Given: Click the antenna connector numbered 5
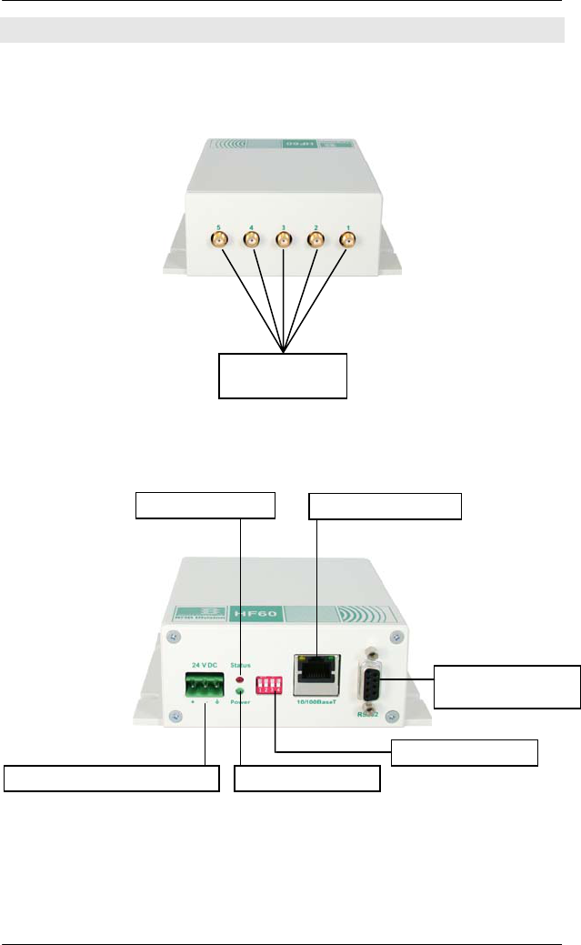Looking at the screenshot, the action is [219, 241].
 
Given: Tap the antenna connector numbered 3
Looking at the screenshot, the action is [284, 241].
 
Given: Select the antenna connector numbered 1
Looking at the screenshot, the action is [347, 241].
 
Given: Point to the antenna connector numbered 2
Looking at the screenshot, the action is [316, 241].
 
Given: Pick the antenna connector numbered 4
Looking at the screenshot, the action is [251, 241].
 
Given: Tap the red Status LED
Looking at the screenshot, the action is [240, 679].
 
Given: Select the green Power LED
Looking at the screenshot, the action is [240, 692].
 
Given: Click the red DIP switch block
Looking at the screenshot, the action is [270, 685].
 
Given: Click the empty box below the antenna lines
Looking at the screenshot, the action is [284, 376].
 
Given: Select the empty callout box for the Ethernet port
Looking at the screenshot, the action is [386, 506].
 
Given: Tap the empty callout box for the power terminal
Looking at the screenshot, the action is [113, 779].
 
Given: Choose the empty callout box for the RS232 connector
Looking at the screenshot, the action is [506, 687].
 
